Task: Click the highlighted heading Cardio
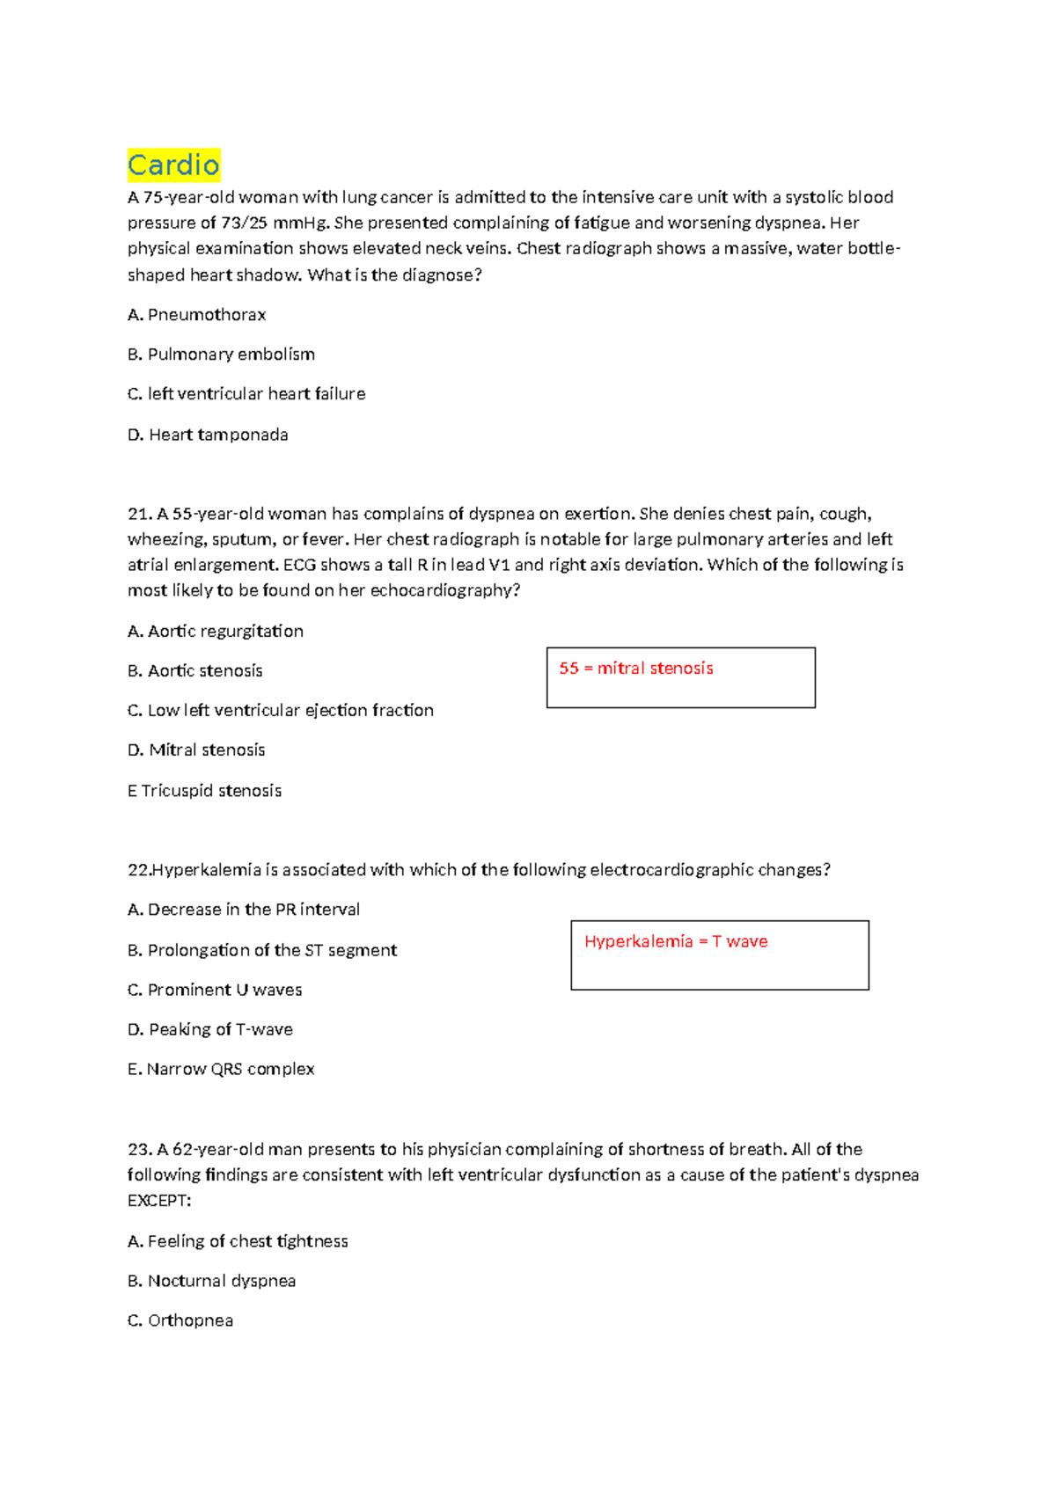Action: point(173,165)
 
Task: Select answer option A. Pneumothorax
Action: point(196,315)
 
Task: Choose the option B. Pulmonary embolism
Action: point(221,355)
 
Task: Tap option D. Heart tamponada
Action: point(208,435)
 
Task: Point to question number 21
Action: point(139,514)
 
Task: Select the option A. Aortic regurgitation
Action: point(216,631)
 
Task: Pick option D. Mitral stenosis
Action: point(196,750)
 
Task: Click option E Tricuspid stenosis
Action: point(204,790)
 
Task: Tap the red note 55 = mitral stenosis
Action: point(636,669)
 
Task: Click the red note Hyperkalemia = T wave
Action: point(676,941)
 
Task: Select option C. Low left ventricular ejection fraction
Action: point(281,710)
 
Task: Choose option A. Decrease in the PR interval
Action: point(244,910)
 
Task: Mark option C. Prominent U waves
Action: point(215,990)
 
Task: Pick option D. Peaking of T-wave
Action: point(210,1029)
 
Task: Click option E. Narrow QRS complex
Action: point(221,1069)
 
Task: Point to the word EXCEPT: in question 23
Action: point(159,1201)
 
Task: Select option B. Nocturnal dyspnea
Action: point(211,1281)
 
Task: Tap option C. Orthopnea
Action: point(180,1320)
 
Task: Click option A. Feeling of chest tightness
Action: point(238,1241)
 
